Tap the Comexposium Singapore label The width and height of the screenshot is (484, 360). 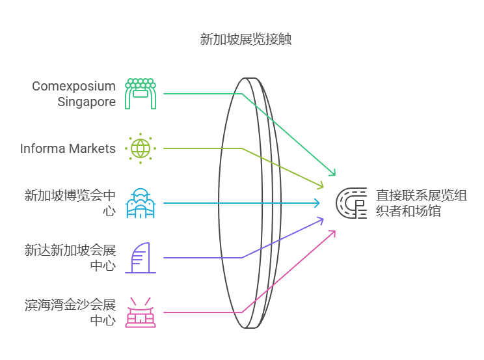pyautogui.click(x=74, y=94)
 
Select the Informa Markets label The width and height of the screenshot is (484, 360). pyautogui.click(x=68, y=148)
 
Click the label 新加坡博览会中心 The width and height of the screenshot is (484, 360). pyautogui.click(x=70, y=202)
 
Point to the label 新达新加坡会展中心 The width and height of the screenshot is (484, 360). pyautogui.click(x=70, y=258)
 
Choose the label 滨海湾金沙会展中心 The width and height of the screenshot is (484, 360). pyautogui.click(x=70, y=312)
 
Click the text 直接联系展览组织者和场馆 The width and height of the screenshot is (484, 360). pyautogui.click(x=412, y=202)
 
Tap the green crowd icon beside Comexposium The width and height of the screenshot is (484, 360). pyautogui.click(x=141, y=94)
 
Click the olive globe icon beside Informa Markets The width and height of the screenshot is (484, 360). pyautogui.click(x=141, y=148)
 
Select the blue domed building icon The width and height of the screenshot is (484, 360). pyautogui.click(x=141, y=203)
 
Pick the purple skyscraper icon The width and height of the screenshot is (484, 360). pyautogui.click(x=141, y=258)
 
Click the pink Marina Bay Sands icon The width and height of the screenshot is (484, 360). pyautogui.click(x=141, y=312)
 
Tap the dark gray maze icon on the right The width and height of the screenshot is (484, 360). pyautogui.click(x=351, y=203)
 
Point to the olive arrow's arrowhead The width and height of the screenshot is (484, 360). pyautogui.click(x=321, y=186)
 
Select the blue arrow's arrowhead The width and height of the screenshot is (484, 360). pyautogui.click(x=318, y=203)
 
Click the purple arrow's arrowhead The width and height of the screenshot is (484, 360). pyautogui.click(x=321, y=220)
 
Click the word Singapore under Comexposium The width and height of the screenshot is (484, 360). pyautogui.click(x=87, y=102)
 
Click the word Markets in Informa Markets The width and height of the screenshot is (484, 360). pyautogui.click(x=93, y=148)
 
